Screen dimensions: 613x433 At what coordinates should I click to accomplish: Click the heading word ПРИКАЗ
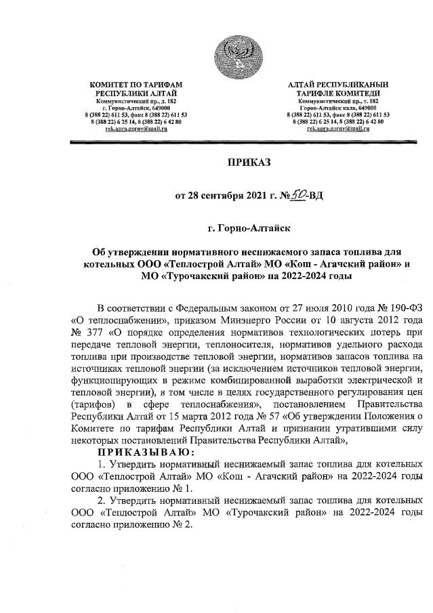pyautogui.click(x=248, y=163)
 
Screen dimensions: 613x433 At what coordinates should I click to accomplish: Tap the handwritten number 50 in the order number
pyautogui.click(x=300, y=195)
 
